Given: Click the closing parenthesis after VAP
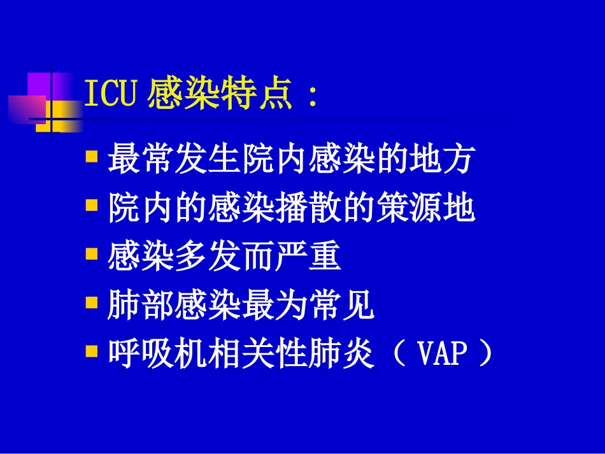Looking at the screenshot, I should [x=485, y=354].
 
